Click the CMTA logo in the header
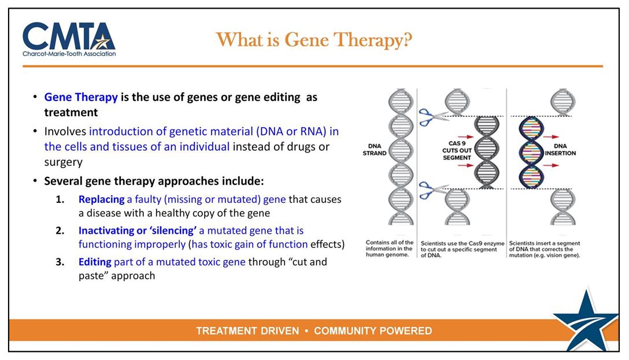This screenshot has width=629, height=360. (69, 39)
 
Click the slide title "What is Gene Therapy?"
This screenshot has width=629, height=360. (314, 40)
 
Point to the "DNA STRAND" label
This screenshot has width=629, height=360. (375, 149)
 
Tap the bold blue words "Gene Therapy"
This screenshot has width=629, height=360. (81, 97)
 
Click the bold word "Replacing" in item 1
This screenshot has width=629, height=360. (102, 199)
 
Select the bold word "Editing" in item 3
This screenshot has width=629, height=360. (95, 262)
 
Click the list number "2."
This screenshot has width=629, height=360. (60, 231)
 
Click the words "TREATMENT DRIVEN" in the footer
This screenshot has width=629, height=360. (247, 331)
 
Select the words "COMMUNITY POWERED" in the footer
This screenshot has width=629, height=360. (373, 331)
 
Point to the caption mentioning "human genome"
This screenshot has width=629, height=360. (390, 249)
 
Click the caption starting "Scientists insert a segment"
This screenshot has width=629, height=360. (545, 249)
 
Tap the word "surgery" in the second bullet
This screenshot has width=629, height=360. (64, 162)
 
